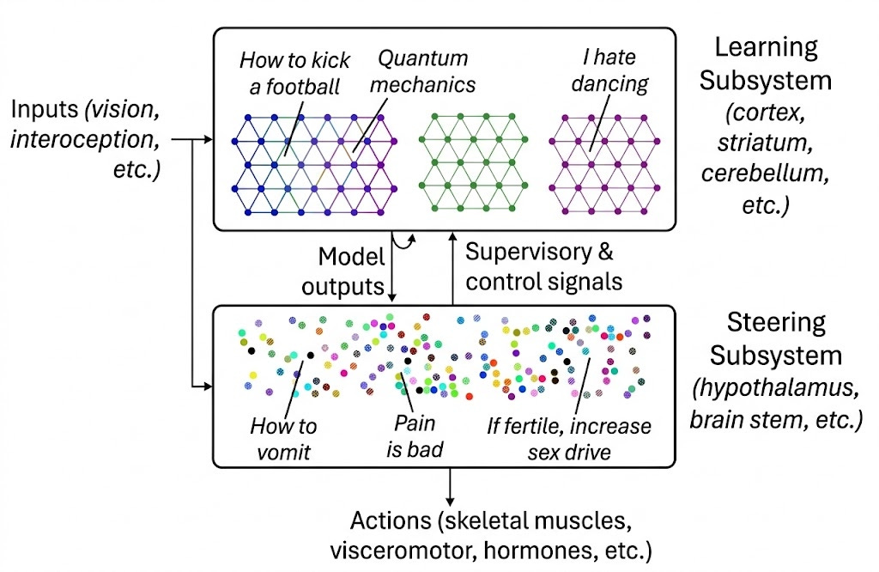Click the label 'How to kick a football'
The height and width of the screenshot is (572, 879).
294,73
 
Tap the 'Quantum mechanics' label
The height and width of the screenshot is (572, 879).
423,72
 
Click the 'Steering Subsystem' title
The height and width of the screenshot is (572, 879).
776,338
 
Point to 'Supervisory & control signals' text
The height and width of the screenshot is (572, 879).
543,266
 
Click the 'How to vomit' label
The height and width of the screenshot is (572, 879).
283,438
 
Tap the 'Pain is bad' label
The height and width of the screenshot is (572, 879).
415,436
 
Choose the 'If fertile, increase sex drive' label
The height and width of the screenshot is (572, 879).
569,438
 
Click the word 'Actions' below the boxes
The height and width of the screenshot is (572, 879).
390,521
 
